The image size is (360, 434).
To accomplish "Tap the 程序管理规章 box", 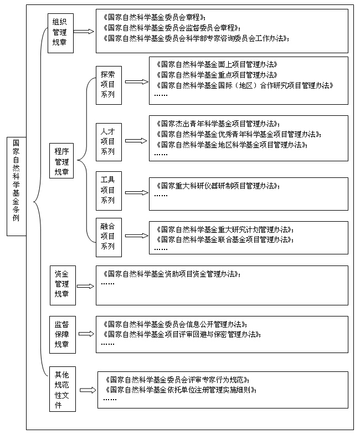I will (61, 161).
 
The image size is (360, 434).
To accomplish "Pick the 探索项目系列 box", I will (107, 84).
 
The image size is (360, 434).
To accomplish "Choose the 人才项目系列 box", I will (107, 141).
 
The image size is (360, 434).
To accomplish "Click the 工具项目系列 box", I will (107, 190).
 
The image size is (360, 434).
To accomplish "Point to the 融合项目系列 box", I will (107, 237).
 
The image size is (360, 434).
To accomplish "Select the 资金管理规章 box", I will (61, 284).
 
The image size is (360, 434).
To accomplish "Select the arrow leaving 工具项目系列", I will (136, 192).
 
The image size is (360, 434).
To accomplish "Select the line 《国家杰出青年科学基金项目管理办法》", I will (218, 123).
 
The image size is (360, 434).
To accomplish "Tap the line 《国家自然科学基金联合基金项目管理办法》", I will (224, 239).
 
